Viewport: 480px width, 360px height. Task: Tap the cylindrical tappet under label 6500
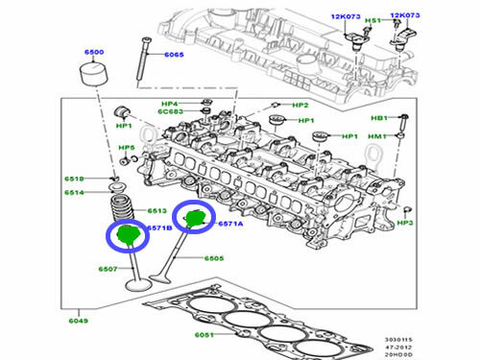pos(91,77)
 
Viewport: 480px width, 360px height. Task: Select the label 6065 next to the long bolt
pos(173,57)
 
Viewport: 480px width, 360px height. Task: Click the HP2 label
pos(300,105)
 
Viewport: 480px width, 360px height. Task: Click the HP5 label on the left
pos(126,148)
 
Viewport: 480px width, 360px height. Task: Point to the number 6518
pos(75,179)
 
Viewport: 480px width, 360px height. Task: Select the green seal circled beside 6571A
pos(196,219)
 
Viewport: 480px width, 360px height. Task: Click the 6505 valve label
pos(213,257)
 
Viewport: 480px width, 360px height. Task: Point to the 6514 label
pos(75,193)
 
